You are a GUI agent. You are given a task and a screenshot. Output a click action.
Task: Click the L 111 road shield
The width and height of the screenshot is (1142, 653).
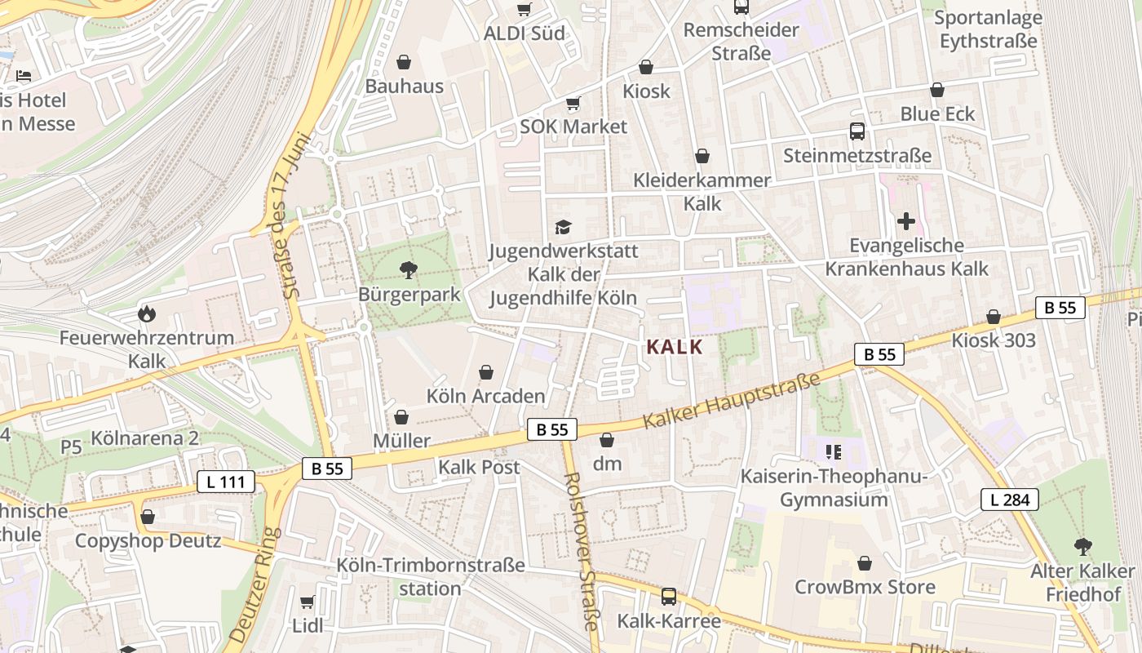(x=226, y=482)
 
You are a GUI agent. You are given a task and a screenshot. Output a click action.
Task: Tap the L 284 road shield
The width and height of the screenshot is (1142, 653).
(x=1010, y=500)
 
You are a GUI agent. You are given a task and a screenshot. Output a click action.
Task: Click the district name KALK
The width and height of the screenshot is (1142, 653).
(x=674, y=347)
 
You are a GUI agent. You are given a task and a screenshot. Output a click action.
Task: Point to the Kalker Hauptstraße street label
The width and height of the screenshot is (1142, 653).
(x=730, y=401)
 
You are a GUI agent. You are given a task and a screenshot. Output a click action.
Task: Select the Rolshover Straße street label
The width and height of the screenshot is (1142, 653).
(x=583, y=551)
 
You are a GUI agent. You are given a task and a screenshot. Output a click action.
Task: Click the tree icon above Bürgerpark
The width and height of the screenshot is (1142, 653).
(x=408, y=269)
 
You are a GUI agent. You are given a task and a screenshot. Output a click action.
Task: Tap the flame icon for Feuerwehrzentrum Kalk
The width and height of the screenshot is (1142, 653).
(x=147, y=313)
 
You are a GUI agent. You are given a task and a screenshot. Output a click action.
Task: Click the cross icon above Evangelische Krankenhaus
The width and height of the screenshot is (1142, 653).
(x=905, y=221)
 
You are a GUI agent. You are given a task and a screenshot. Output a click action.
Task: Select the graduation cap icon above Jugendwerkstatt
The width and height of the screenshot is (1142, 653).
(x=563, y=226)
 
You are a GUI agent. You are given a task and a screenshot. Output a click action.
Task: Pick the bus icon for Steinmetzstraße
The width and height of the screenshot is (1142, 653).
(x=856, y=131)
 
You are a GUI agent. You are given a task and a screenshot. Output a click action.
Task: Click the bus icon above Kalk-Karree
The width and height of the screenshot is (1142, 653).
(x=669, y=597)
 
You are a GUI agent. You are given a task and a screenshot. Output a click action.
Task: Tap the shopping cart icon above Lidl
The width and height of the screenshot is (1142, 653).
(x=308, y=602)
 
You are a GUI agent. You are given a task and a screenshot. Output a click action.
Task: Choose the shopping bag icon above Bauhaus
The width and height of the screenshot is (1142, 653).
(x=404, y=62)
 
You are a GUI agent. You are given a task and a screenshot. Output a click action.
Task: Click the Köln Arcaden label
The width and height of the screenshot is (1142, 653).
(x=485, y=397)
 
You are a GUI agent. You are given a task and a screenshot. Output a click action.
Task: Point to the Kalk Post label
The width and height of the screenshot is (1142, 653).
(x=479, y=468)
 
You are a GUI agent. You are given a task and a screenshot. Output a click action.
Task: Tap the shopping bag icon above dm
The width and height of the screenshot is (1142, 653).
(x=607, y=441)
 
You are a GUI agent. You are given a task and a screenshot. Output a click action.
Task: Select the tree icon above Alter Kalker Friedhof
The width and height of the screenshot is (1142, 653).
(x=1082, y=547)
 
